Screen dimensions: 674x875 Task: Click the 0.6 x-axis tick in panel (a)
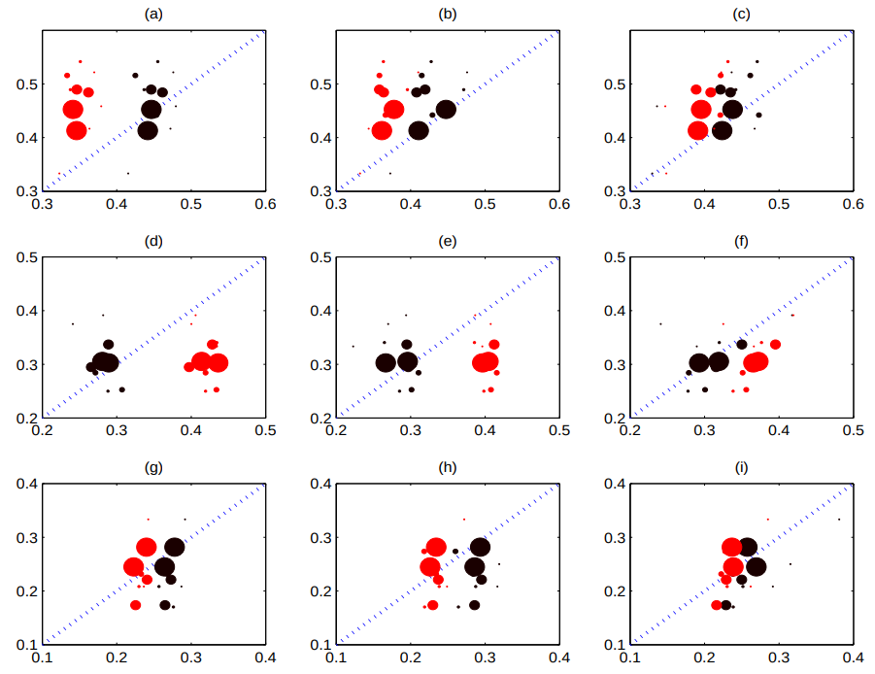pyautogui.click(x=265, y=205)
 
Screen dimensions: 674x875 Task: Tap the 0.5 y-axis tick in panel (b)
pyautogui.click(x=320, y=84)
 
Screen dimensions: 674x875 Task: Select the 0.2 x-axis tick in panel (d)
pyautogui.click(x=42, y=432)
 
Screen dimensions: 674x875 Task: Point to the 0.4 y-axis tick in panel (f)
pyautogui.click(x=614, y=311)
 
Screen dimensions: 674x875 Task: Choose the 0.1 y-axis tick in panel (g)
pyautogui.click(x=26, y=644)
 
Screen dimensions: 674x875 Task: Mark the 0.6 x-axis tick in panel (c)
pyautogui.click(x=853, y=205)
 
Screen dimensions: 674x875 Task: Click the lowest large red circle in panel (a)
pyautogui.click(x=77, y=130)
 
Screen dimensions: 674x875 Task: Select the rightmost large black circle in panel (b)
pyautogui.click(x=446, y=109)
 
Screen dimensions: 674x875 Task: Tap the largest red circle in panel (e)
pyautogui.click(x=484, y=362)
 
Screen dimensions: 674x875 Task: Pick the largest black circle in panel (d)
pyautogui.click(x=107, y=362)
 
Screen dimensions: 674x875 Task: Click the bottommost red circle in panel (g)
pyautogui.click(x=136, y=605)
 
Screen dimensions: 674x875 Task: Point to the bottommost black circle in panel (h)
pyautogui.click(x=475, y=605)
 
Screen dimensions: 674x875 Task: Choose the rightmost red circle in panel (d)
pyautogui.click(x=218, y=362)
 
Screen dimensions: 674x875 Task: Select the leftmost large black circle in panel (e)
pyautogui.click(x=386, y=362)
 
